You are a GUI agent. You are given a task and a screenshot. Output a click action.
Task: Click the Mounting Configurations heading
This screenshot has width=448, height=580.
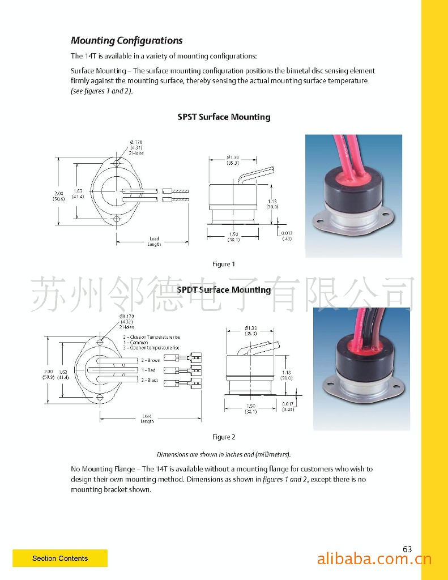(x=126, y=41)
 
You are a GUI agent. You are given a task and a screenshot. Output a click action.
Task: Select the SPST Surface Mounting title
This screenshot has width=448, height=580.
(x=224, y=117)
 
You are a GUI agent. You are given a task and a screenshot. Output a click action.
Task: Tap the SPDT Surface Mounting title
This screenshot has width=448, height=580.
(x=224, y=290)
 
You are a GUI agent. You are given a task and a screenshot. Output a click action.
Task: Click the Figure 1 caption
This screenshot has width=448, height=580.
(x=223, y=264)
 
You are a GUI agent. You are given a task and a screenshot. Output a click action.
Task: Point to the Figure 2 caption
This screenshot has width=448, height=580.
(x=223, y=437)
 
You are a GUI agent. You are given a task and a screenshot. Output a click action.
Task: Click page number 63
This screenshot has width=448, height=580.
(x=407, y=549)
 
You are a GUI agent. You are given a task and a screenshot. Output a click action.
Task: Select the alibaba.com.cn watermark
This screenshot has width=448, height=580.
(x=374, y=560)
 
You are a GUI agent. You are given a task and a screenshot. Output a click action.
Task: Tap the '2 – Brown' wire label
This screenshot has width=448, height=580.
(x=150, y=360)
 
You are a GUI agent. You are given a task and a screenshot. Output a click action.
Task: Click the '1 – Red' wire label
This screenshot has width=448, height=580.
(x=148, y=370)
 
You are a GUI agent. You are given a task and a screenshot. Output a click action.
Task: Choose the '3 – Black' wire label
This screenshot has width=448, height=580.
(x=150, y=380)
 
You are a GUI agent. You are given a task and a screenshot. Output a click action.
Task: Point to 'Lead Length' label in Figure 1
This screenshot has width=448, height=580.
(x=154, y=241)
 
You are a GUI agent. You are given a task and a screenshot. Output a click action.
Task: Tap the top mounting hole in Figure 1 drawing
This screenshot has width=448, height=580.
(x=116, y=164)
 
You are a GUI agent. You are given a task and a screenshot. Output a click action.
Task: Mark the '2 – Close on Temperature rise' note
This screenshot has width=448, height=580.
(x=151, y=338)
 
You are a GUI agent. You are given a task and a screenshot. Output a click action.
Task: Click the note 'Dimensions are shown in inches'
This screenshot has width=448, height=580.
(x=223, y=454)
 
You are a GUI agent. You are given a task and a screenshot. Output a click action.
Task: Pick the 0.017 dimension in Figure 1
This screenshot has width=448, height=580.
(x=287, y=233)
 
